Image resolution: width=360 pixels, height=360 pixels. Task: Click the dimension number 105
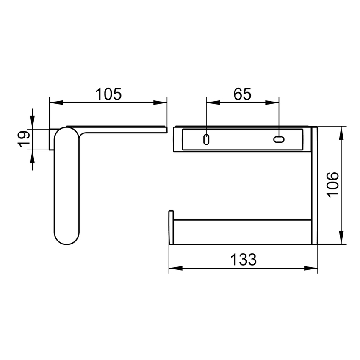108,94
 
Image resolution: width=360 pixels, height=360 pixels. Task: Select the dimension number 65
242,94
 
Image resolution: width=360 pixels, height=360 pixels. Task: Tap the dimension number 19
24,138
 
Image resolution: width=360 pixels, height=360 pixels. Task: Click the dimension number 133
243,259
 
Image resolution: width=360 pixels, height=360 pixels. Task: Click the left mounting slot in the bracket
206,139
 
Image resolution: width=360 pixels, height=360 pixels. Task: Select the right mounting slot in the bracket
279,139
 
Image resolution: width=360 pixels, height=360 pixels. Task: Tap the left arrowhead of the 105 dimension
55,102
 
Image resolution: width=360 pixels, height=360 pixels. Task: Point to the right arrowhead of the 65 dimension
273,102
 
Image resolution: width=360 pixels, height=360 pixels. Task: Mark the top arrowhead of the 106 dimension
341,132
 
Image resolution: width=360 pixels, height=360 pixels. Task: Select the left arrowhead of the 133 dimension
175,268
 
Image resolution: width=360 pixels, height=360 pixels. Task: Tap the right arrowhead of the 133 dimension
312,268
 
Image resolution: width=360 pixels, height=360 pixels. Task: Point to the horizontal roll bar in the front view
241,232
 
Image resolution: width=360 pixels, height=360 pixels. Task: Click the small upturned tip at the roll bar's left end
171,214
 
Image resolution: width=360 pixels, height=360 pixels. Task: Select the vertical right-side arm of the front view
314,186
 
